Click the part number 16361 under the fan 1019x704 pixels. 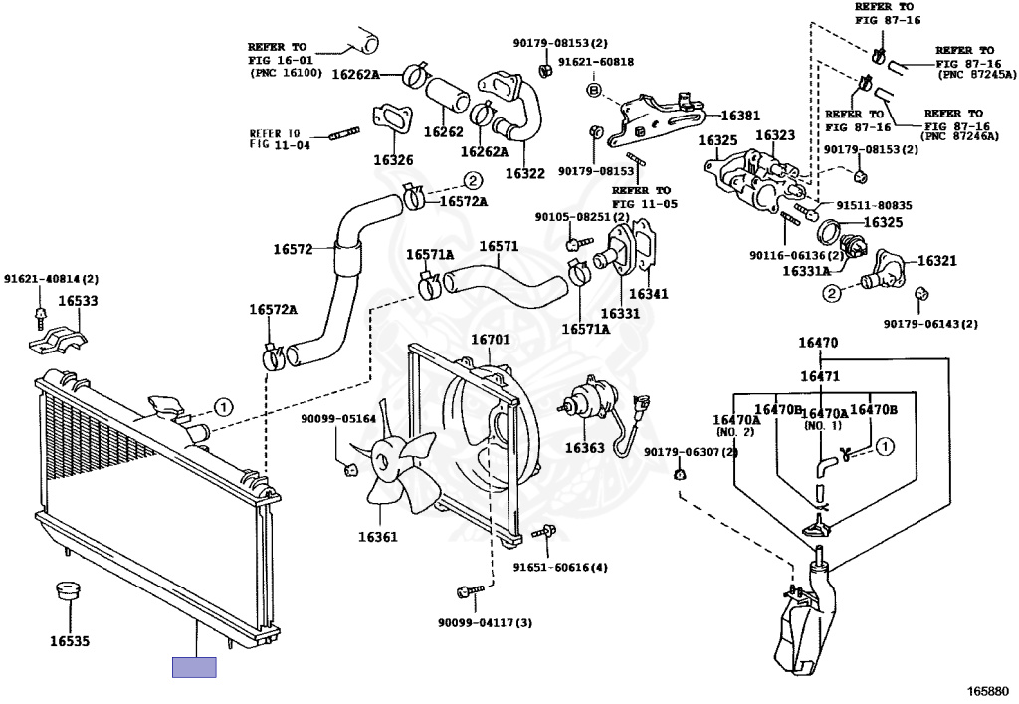click(378, 537)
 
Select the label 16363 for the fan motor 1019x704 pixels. click(584, 448)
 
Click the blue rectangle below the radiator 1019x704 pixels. click(194, 667)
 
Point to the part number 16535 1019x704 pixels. click(70, 642)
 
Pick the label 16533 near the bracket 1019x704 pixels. click(78, 299)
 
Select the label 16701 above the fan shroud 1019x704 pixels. click(490, 340)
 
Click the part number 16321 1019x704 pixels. click(936, 261)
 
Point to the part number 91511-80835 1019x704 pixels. click(874, 205)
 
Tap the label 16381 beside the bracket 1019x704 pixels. click(740, 116)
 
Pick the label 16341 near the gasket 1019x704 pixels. click(648, 294)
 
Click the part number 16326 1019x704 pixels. click(393, 160)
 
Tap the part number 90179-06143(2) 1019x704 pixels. click(930, 323)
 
